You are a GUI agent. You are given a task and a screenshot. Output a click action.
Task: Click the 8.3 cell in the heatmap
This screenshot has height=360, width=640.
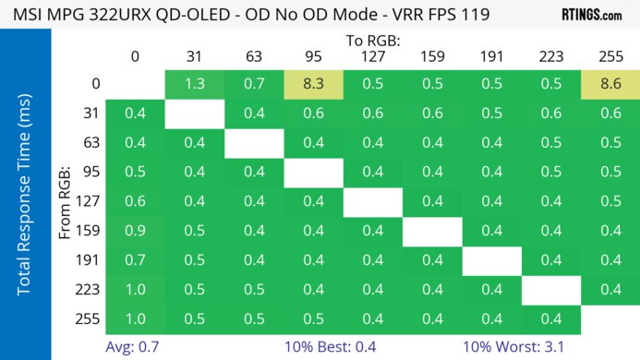coord(313,85)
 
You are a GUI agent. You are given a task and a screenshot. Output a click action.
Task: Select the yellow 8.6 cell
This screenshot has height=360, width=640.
coord(610,85)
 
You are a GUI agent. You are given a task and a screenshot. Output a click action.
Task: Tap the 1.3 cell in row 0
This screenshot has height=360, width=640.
coord(194,85)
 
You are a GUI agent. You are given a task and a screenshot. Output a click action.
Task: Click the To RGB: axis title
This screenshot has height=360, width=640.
coord(372,41)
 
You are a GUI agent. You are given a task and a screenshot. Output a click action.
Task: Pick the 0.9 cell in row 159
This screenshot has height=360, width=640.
coord(135,231)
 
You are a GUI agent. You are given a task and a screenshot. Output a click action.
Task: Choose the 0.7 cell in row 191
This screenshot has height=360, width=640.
coord(135,260)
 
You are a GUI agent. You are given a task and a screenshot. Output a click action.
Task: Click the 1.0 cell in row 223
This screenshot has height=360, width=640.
coord(135,290)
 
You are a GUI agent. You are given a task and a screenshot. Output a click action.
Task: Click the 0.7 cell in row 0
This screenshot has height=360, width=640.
coord(254,85)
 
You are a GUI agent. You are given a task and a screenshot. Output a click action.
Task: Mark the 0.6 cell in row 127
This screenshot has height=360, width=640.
coord(135,201)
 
